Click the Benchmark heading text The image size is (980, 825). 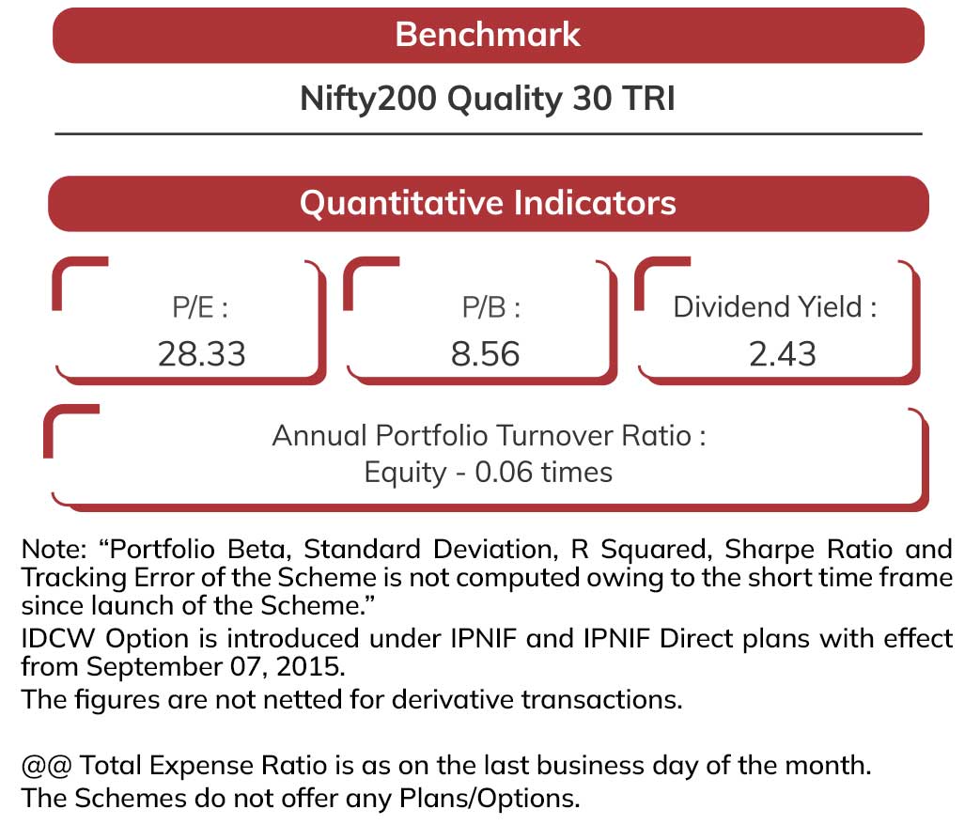pyautogui.click(x=488, y=35)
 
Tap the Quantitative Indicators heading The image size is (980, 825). pyautogui.click(x=488, y=203)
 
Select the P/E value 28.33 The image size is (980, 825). pyautogui.click(x=201, y=353)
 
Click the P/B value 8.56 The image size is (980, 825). pyautogui.click(x=485, y=353)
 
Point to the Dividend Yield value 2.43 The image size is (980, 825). pyautogui.click(x=783, y=353)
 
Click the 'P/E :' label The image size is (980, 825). pyautogui.click(x=200, y=307)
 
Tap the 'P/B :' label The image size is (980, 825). pyautogui.click(x=491, y=307)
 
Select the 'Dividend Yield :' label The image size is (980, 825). pyautogui.click(x=775, y=307)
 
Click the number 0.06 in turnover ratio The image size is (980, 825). pyautogui.click(x=504, y=472)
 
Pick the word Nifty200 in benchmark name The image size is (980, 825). pyautogui.click(x=368, y=99)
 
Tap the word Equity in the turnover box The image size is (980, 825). pyautogui.click(x=405, y=474)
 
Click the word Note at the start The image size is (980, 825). pyautogui.click(x=54, y=550)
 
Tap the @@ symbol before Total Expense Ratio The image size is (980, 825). pyautogui.click(x=46, y=766)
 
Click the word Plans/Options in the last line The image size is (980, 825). pyautogui.click(x=490, y=799)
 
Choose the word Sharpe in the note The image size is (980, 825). pyautogui.click(x=770, y=550)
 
